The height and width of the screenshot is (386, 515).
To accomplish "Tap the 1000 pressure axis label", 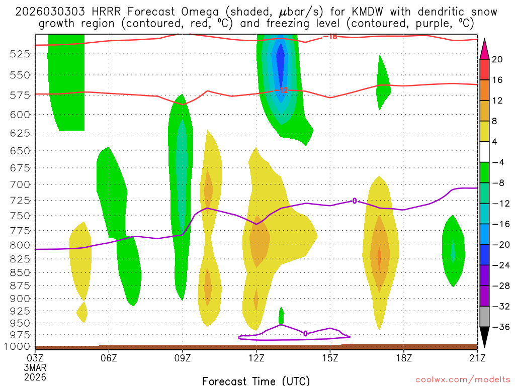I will tap(19, 346).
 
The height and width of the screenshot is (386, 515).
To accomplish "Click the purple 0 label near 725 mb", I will tap(354, 201).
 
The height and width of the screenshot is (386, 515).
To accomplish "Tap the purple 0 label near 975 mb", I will tap(305, 333).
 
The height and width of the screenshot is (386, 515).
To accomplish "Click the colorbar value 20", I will tap(497, 59).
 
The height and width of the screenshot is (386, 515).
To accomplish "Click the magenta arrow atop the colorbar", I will tap(484, 48).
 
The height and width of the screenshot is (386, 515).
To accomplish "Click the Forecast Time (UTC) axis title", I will tap(256, 380).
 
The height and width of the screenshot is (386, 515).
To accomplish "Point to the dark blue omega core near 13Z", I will tap(280, 63).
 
